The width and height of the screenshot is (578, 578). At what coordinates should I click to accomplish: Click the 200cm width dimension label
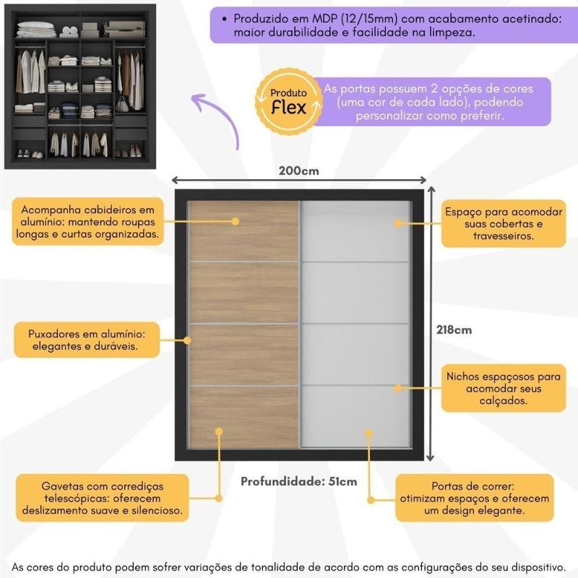point(298,171)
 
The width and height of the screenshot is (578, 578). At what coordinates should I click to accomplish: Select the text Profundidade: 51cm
point(298,481)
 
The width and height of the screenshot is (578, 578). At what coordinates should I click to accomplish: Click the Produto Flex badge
point(288,100)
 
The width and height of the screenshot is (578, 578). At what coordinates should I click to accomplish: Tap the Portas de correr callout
point(474,497)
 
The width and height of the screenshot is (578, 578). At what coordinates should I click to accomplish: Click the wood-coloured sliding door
point(243,325)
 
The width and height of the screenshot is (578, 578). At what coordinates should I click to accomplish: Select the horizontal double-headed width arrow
point(298,182)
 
